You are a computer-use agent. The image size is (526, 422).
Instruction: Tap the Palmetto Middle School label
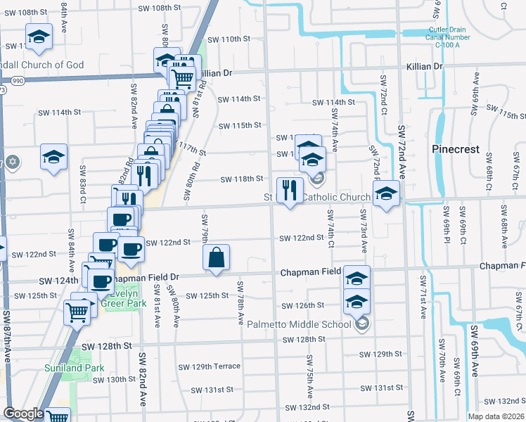pos(299,324)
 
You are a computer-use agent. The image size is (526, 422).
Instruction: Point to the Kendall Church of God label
pos(42,65)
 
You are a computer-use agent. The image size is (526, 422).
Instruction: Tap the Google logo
pos(23,414)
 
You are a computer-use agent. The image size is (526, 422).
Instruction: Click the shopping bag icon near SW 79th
pos(216,258)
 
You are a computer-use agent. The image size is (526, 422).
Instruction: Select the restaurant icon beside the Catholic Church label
pos(290,191)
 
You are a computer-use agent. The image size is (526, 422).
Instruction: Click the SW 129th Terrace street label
pos(209,366)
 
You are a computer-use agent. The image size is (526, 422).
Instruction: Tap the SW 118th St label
pos(241,179)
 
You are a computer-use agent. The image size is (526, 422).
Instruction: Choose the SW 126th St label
pos(302,305)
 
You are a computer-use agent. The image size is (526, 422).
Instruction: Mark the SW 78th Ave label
pos(240,295)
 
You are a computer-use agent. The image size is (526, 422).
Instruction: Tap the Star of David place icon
pos(13,162)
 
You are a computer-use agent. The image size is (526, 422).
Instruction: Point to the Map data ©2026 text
pos(496,416)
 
